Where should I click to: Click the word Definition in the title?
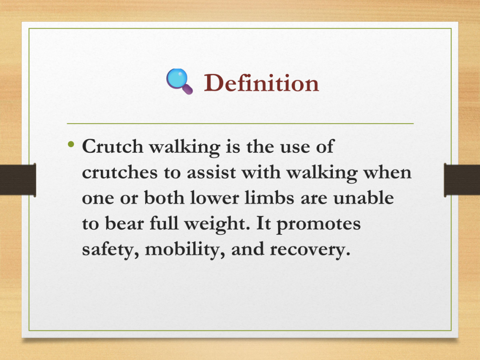pyautogui.click(x=262, y=82)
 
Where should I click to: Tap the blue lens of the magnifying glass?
pyautogui.click(x=178, y=78)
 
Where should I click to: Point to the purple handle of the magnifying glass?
pyautogui.click(x=187, y=90)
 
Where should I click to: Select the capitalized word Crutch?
pyautogui.click(x=112, y=146)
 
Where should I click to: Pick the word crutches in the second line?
pyautogui.click(x=120, y=172)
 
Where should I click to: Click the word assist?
pyautogui.click(x=211, y=172)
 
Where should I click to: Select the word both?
pyautogui.click(x=164, y=197)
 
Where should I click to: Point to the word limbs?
pyautogui.click(x=270, y=197)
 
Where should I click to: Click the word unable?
pyautogui.click(x=363, y=197)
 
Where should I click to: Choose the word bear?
pyautogui.click(x=124, y=223)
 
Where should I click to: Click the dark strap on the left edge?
pyautogui.click(x=18, y=180)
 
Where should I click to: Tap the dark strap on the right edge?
pyautogui.click(x=462, y=180)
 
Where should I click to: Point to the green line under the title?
pyautogui.click(x=240, y=124)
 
